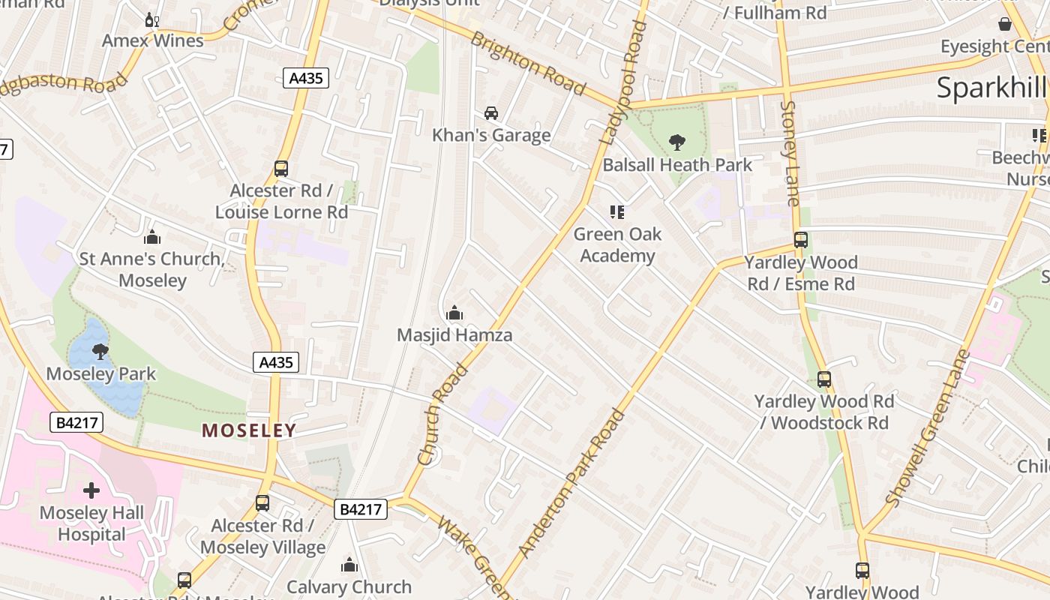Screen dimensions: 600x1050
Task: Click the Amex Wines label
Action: click(153, 40)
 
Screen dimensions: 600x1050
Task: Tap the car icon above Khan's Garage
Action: click(491, 113)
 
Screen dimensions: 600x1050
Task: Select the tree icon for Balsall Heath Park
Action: click(676, 142)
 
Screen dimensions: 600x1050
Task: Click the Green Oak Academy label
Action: click(617, 245)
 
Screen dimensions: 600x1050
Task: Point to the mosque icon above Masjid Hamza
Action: click(454, 313)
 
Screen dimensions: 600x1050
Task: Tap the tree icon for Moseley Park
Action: click(100, 351)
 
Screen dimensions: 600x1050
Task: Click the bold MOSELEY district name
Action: click(249, 430)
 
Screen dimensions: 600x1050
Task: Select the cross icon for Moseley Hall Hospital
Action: click(91, 490)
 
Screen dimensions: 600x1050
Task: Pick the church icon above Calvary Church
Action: click(349, 565)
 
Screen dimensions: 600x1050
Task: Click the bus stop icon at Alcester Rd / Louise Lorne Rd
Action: click(281, 169)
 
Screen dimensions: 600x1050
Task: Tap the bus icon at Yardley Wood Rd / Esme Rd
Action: click(801, 240)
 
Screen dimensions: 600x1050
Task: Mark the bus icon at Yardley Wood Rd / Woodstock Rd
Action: click(824, 379)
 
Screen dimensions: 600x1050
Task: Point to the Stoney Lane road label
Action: click(791, 153)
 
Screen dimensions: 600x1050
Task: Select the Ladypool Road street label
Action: click(624, 82)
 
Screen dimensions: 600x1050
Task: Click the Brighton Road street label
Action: click(527, 64)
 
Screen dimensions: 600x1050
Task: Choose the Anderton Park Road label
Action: click(571, 484)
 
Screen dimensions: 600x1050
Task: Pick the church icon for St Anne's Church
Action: click(152, 238)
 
